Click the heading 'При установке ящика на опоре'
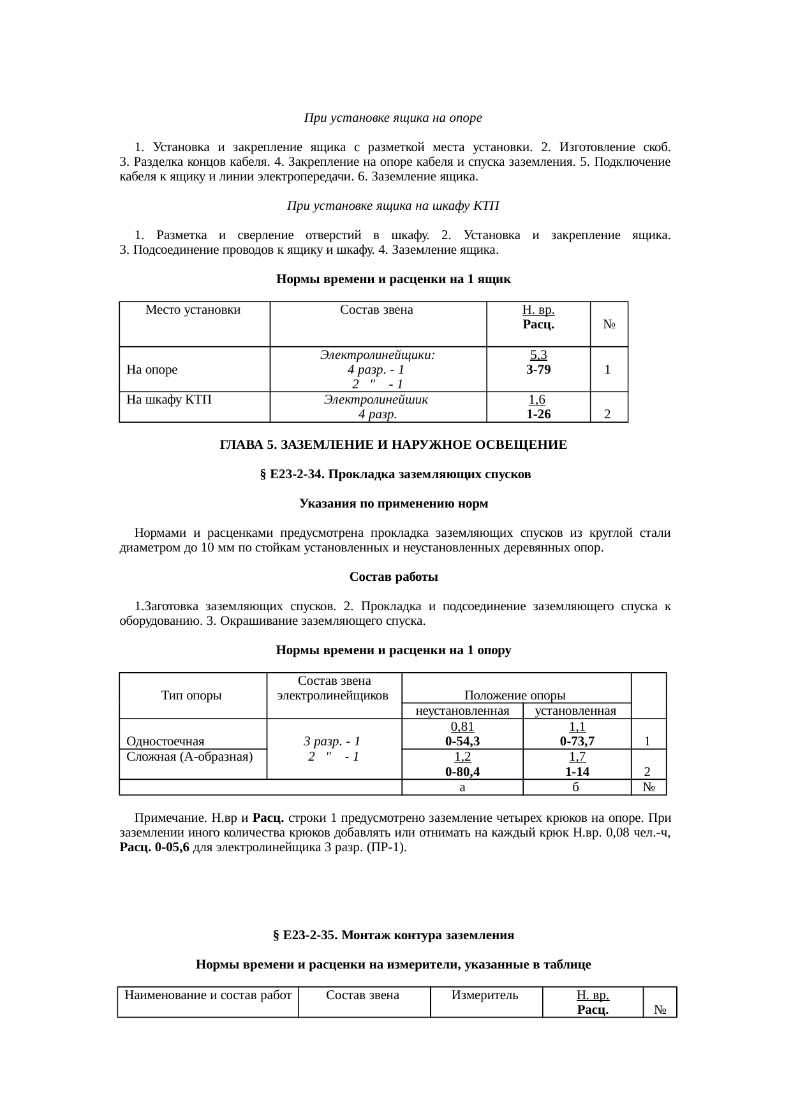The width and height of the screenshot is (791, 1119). click(x=392, y=118)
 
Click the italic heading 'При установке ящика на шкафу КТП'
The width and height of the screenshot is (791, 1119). click(x=392, y=206)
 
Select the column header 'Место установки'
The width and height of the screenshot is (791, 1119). click(x=193, y=311)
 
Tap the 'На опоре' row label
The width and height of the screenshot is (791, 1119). click(x=152, y=369)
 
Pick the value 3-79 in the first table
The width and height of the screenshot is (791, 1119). click(x=538, y=370)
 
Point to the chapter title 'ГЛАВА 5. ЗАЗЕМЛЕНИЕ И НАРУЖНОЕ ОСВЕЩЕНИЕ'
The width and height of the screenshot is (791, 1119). click(x=394, y=444)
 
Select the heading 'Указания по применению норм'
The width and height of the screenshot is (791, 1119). click(x=394, y=504)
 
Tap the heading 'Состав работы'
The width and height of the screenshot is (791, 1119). click(x=394, y=577)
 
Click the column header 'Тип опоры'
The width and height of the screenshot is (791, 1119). click(x=191, y=696)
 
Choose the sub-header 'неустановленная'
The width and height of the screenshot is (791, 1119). click(x=462, y=711)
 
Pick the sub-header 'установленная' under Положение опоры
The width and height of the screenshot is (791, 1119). click(x=575, y=711)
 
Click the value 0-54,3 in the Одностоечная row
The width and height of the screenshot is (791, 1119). click(x=462, y=741)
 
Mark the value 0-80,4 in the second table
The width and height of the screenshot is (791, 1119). click(x=462, y=772)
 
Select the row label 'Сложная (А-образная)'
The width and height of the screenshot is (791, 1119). click(x=189, y=757)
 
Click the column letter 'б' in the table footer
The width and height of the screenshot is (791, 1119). click(x=575, y=788)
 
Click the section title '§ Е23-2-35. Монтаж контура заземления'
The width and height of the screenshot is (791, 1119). click(x=394, y=935)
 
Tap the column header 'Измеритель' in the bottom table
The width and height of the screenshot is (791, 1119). click(x=485, y=995)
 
